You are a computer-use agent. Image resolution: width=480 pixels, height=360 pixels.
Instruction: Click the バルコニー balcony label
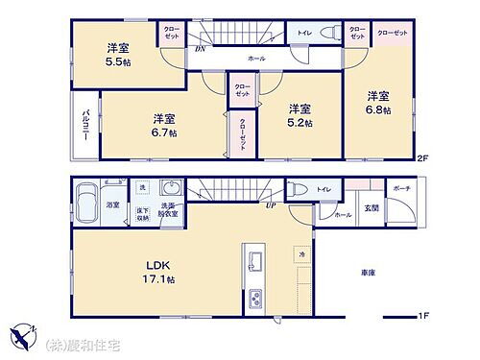click(x=85, y=126)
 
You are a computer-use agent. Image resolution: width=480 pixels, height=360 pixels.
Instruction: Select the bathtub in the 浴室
click(x=87, y=203)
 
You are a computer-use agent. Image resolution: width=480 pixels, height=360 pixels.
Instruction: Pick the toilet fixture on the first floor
click(x=299, y=190)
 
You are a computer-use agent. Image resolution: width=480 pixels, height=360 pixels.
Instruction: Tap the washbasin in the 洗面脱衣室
click(x=174, y=189)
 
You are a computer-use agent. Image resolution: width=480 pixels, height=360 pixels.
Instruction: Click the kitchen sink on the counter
click(x=256, y=261)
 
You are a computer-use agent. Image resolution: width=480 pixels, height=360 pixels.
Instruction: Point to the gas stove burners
click(x=254, y=297)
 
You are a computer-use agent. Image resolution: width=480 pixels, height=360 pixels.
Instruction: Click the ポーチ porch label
click(x=400, y=189)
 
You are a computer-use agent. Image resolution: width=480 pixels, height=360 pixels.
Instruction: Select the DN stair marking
click(x=200, y=47)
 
